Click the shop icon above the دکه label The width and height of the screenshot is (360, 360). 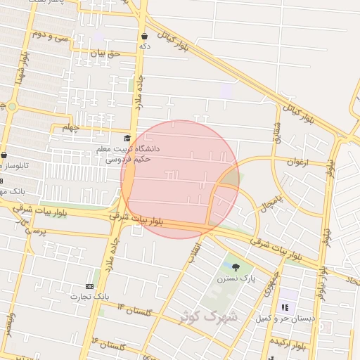(144, 35)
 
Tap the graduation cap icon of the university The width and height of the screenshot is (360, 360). (127, 139)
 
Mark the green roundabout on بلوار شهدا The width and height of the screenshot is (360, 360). (12, 106)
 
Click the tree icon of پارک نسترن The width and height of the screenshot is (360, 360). (236, 266)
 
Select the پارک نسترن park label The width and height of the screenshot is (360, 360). (238, 279)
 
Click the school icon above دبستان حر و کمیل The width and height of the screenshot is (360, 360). (285, 307)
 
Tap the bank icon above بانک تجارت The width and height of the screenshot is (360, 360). (89, 286)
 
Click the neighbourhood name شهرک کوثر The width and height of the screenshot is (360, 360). (209, 316)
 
